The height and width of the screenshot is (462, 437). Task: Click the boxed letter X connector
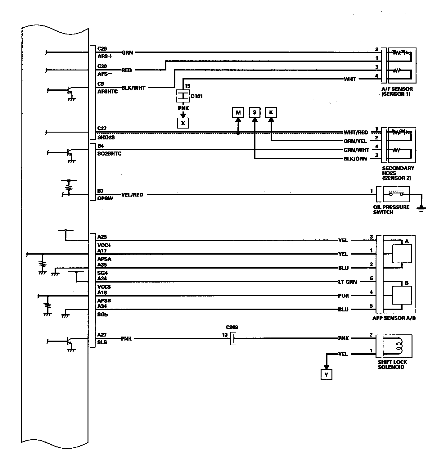tap(183, 123)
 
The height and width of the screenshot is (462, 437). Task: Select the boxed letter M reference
tap(238, 112)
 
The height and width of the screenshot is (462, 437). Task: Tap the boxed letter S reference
tap(255, 112)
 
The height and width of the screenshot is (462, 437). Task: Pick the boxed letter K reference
tap(271, 112)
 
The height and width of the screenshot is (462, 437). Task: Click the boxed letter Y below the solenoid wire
tap(326, 375)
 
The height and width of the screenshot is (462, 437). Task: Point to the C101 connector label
tap(196, 96)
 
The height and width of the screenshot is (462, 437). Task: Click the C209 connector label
tap(232, 327)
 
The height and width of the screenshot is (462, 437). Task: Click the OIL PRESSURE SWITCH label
tap(391, 210)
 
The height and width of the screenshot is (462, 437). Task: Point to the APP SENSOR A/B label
tap(394, 318)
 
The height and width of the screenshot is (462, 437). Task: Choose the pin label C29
tap(102, 49)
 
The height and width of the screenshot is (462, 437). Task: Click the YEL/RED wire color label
tap(132, 195)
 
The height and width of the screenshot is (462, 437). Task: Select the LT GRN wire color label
tap(347, 282)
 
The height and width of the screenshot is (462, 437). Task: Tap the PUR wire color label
tap(343, 296)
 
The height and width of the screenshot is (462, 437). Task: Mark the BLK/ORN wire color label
tap(355, 159)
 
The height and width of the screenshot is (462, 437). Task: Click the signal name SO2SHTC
tap(109, 154)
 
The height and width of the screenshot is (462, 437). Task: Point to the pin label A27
tap(102, 335)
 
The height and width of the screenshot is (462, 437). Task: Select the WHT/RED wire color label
tap(356, 133)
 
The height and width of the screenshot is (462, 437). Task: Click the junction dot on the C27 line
tap(238, 133)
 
